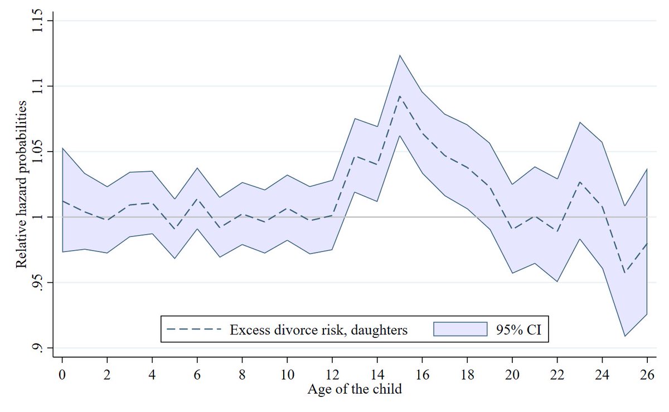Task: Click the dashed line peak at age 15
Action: click(400, 96)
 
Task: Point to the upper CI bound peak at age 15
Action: click(400, 55)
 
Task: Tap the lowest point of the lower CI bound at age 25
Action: click(624, 336)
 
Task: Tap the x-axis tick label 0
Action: click(62, 373)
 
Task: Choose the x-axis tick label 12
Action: click(332, 373)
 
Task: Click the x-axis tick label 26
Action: click(647, 373)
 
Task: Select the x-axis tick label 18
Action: click(467, 373)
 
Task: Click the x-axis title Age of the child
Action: click(354, 389)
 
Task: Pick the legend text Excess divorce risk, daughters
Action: click(319, 329)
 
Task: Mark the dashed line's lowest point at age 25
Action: click(624, 273)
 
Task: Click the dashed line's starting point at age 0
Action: click(62, 201)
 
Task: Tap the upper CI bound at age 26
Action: click(647, 168)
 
